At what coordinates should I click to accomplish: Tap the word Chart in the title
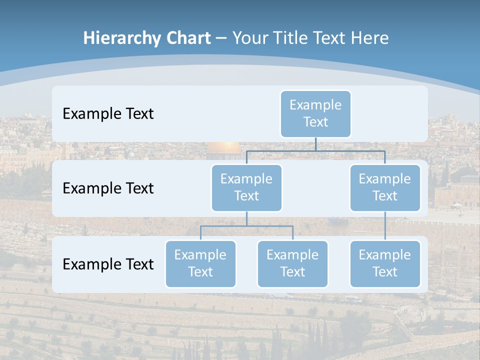tap(186, 38)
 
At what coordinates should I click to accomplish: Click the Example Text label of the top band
tap(108, 113)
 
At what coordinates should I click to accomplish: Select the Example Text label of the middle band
tap(108, 188)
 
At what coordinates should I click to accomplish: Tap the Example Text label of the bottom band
tap(108, 264)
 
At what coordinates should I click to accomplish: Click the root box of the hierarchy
tap(315, 113)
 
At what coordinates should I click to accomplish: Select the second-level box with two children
tap(246, 187)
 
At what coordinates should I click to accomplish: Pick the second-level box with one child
tap(385, 187)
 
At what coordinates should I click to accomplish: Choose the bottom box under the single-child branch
tap(385, 263)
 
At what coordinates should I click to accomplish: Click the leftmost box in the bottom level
tap(200, 263)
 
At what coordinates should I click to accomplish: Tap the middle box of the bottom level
tap(292, 263)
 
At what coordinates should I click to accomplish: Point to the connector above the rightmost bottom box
tap(385, 226)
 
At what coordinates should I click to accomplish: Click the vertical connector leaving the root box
tap(315, 144)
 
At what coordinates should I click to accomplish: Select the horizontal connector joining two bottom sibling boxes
tap(246, 226)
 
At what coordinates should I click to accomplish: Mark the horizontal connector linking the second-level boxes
tap(315, 150)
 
